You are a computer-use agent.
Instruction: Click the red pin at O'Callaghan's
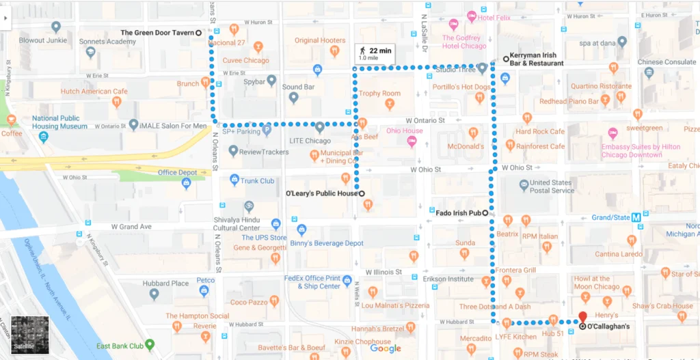coord(582,317)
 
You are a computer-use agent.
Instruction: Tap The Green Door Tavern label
coord(157,32)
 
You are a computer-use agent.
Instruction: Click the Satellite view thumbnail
coord(30,334)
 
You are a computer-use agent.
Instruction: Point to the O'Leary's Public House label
coord(321,193)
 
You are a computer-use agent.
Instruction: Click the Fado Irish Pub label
coord(457,213)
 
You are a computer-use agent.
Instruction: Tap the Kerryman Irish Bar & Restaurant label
coord(537,59)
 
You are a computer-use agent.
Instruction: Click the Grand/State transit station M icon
coord(636,217)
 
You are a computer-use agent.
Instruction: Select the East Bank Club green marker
coord(150,344)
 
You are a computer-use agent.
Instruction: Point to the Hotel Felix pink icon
coord(471,16)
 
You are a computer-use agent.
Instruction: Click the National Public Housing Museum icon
coord(44,137)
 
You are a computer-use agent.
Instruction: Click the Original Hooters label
coord(320,40)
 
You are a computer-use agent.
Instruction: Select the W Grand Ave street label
coord(131,227)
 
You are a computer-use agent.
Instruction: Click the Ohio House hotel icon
coord(412,141)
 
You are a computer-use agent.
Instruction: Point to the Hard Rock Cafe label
coord(540,132)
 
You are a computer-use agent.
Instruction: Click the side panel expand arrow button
coord(6,18)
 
